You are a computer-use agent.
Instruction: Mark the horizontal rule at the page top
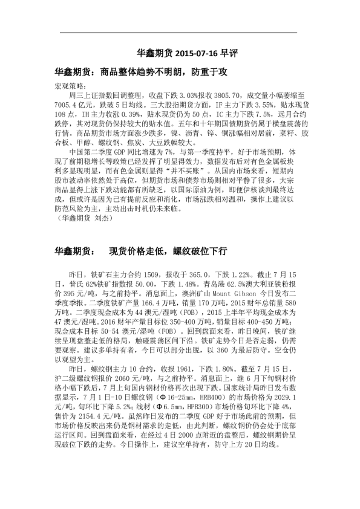click(180, 33)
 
